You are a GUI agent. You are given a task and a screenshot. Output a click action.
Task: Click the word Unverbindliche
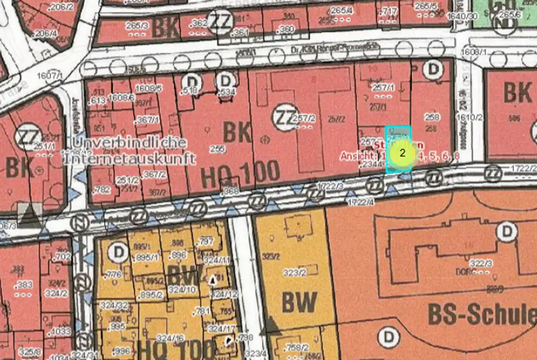point(130,143)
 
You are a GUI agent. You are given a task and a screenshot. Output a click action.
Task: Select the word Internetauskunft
point(130,158)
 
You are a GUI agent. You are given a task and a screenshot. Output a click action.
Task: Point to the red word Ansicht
point(358,156)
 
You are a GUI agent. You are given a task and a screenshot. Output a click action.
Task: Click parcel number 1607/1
point(50,76)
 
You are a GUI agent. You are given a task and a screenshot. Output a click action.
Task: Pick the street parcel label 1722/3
point(330,186)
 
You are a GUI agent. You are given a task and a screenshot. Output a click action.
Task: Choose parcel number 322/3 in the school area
point(480,263)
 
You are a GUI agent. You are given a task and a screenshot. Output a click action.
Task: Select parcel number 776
point(113,275)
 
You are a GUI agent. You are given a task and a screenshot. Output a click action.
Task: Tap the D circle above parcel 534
point(227,81)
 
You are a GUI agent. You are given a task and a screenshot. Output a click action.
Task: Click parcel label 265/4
point(342,10)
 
